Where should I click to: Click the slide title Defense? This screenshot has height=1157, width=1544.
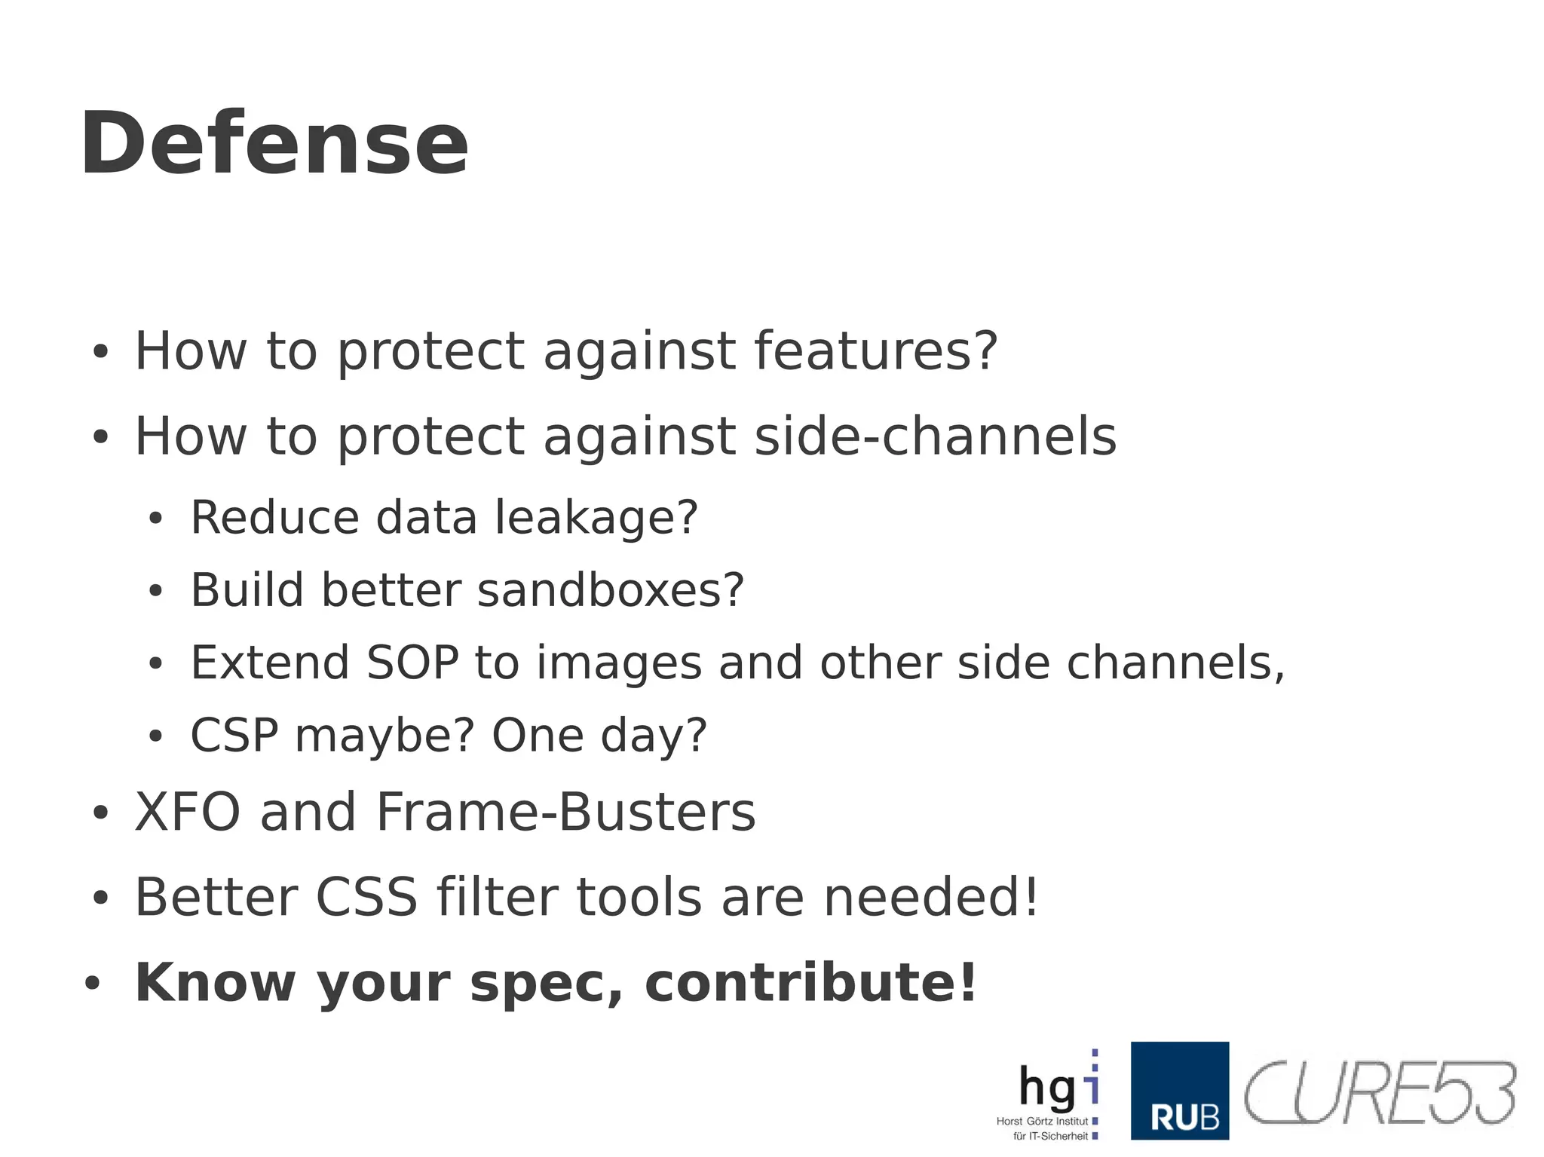tap(274, 143)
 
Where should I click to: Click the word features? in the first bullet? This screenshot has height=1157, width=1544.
tap(876, 351)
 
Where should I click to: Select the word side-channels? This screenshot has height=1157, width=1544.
tap(935, 436)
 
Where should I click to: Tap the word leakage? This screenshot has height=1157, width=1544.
tap(596, 519)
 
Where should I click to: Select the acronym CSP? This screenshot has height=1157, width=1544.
tap(234, 736)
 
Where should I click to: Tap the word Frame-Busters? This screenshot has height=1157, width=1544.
tap(565, 813)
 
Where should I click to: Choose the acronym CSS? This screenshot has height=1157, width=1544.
tap(366, 898)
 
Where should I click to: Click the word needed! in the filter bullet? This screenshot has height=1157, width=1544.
tap(931, 898)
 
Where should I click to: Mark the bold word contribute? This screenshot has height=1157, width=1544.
tap(810, 983)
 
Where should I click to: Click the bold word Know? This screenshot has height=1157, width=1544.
tap(214, 983)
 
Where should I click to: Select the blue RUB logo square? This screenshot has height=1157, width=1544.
tap(1179, 1091)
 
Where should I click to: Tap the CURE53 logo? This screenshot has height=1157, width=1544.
tap(1380, 1092)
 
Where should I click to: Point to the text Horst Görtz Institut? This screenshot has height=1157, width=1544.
tap(1042, 1122)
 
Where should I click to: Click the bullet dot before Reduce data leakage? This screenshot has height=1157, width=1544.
tap(155, 519)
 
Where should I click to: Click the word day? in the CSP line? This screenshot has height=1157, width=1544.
tap(654, 736)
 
